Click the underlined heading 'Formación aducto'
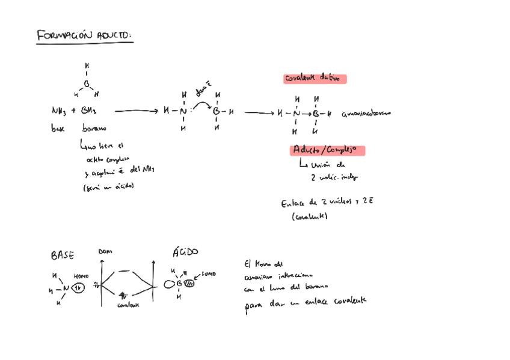[x=84, y=36]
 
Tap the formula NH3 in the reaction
[x=59, y=111]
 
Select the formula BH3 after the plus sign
[x=88, y=111]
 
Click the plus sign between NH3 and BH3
[x=73, y=111]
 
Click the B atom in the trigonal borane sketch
[x=86, y=84]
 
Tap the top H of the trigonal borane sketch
[x=87, y=66]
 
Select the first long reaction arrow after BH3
[x=137, y=111]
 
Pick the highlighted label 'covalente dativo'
[x=315, y=78]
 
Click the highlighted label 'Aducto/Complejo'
[x=327, y=150]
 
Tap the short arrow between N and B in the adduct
[x=306, y=113]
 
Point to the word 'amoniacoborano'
[x=366, y=113]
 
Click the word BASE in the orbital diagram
[x=63, y=255]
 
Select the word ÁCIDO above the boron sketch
[x=185, y=252]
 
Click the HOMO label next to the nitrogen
[x=81, y=276]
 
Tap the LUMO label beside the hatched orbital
[x=209, y=274]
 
